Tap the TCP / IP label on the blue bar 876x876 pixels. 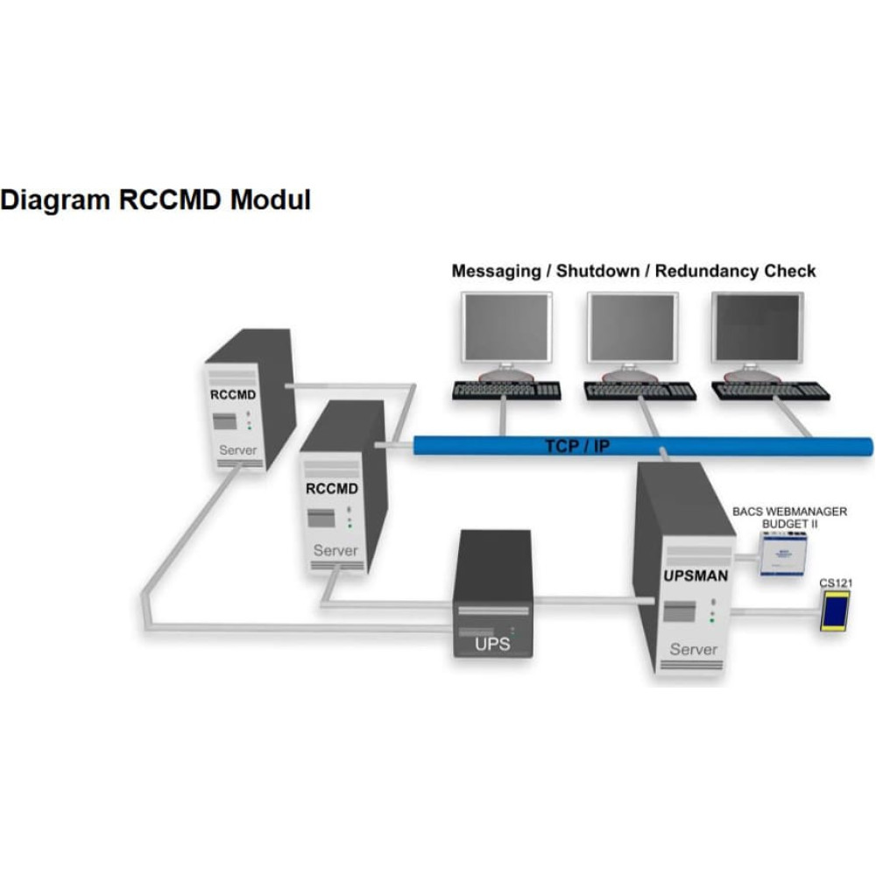tap(577, 447)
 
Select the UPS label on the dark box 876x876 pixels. tap(492, 644)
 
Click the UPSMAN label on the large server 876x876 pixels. tap(696, 576)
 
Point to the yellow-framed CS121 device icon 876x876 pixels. tap(835, 611)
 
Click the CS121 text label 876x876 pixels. tap(836, 583)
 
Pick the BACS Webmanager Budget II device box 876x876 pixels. tap(783, 555)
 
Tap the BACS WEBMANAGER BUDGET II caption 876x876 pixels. tap(789, 518)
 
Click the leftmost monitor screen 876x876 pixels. tap(506, 328)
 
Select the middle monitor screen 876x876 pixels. tap(632, 328)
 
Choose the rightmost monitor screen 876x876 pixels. tap(758, 328)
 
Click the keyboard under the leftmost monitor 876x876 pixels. tap(506, 390)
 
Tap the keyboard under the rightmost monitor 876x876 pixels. tap(770, 391)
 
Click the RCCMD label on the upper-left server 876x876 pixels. tap(233, 395)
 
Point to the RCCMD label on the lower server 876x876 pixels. tap(332, 489)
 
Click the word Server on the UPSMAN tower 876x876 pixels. tap(693, 649)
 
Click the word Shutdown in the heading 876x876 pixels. tap(597, 271)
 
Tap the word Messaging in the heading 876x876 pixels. tap(496, 272)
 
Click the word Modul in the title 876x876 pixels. tap(271, 200)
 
